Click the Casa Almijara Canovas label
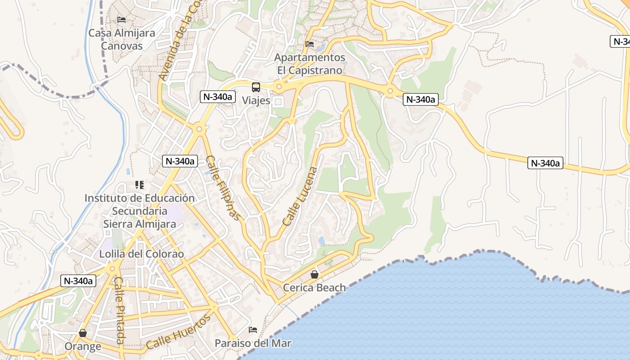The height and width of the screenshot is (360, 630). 121,39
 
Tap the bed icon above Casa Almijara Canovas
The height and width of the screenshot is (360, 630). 121,20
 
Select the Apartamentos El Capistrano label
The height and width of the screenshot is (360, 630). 310,64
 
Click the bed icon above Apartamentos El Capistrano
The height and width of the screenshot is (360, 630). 310,44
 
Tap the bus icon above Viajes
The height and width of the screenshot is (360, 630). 256,87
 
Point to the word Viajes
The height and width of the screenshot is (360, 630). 256,100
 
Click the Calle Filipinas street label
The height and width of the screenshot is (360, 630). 223,188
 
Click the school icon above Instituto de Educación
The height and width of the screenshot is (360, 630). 139,184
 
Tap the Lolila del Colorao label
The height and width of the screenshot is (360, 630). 142,254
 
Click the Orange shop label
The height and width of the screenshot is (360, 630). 83,346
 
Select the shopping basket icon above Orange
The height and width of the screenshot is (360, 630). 83,333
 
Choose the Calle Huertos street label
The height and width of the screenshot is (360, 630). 179,332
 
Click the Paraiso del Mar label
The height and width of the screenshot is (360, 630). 253,343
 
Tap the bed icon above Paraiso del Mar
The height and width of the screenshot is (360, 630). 253,330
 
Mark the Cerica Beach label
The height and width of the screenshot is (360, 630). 315,288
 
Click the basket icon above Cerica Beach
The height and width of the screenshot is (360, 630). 315,274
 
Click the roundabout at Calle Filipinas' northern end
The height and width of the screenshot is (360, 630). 199,129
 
